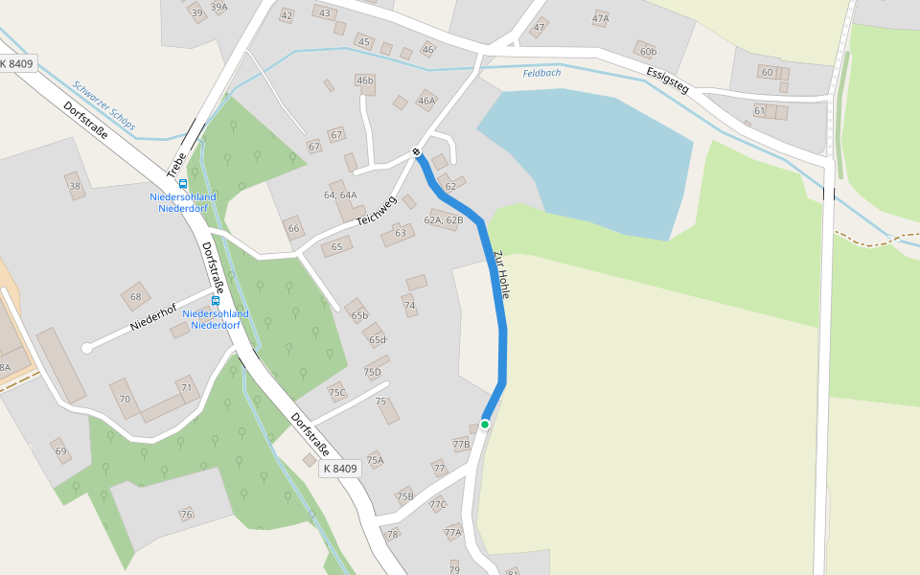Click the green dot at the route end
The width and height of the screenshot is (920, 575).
click(485, 424)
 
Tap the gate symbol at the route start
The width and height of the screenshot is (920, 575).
click(416, 151)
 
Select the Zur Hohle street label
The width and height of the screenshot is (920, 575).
click(500, 275)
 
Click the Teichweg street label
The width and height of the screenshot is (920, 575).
click(377, 211)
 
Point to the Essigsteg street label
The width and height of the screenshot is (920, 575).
click(668, 80)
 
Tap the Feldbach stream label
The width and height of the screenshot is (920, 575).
click(541, 73)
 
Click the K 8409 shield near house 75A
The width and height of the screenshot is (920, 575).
click(340, 469)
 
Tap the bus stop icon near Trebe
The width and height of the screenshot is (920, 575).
click(183, 184)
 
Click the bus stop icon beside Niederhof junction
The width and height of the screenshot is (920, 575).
click(216, 300)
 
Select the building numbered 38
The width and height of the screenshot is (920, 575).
click(75, 185)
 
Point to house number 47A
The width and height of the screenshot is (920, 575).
click(601, 18)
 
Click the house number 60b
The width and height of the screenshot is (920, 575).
click(649, 51)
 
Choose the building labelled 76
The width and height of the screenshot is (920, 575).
click(187, 515)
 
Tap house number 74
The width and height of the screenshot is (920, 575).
click(409, 306)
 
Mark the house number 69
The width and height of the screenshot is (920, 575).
click(60, 450)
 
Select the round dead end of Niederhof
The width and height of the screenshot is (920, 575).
click(87, 348)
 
